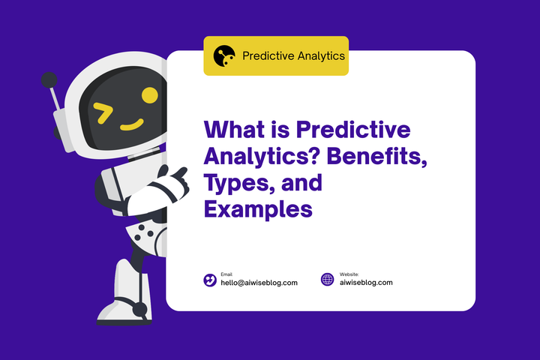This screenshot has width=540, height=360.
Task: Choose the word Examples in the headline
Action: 258,209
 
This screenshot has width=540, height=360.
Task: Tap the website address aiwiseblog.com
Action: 366,283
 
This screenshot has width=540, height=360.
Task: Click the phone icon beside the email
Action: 210,280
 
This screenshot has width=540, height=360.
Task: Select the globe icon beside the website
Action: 327,280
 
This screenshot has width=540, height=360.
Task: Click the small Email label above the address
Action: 226,274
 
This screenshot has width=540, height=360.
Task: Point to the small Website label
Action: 349,274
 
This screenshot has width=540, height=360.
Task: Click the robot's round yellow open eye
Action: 149,95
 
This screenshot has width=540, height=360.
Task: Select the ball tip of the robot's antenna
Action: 49,79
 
